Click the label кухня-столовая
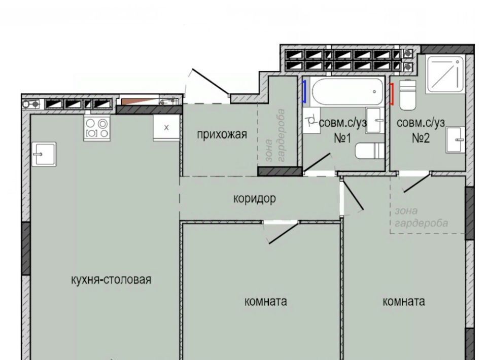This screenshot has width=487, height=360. point(111,280)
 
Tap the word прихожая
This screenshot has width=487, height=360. point(222,135)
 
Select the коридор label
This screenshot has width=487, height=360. point(255,198)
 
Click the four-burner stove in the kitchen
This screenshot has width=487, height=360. point(96,128)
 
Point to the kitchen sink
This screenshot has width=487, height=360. point(44,154)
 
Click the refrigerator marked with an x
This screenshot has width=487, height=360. point(166,128)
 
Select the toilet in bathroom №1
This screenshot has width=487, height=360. point(370,151)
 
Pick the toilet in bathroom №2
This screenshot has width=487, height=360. point(407,95)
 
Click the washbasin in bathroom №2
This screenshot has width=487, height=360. point(456,139)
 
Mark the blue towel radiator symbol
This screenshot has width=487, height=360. point(305,91)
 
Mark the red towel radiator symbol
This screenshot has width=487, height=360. point(392,94)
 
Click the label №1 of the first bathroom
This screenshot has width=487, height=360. point(342,138)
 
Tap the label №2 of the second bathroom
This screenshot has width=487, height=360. point(421,138)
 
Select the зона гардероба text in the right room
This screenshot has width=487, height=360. point(421,217)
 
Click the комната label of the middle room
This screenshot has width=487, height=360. point(265,301)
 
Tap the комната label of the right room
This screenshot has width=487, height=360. point(403,301)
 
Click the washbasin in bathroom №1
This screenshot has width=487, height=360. point(375,120)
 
